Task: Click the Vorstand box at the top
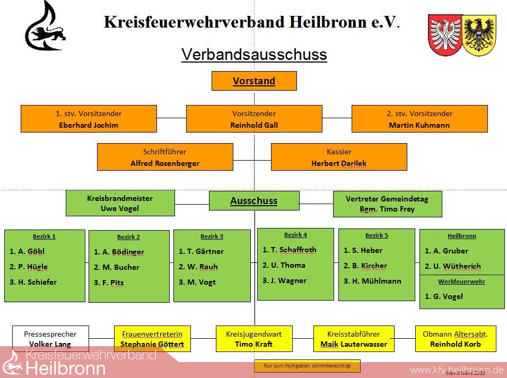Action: [x=254, y=81]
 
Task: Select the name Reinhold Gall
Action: [x=254, y=125]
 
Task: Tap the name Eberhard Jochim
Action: [x=89, y=125]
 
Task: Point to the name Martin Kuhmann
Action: [x=419, y=125]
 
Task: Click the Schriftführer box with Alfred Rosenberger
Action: [x=165, y=157]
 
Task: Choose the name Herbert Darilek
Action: [x=339, y=163]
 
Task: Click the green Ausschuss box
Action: [x=254, y=201]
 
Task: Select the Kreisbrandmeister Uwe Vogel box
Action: [x=120, y=204]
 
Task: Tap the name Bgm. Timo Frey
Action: [x=387, y=209]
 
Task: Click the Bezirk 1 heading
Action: [x=44, y=236]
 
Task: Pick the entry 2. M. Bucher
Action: [x=117, y=267]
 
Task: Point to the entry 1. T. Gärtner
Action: [x=201, y=251]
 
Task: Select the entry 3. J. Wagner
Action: [x=284, y=280]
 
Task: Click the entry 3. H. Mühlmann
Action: [x=372, y=281]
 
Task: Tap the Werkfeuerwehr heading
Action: [x=461, y=282]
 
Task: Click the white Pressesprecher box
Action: [x=50, y=339]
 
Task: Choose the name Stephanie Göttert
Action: [x=152, y=344]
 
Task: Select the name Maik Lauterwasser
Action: [x=354, y=344]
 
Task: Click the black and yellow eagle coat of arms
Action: [x=479, y=35]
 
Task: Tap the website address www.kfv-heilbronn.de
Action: [x=457, y=370]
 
